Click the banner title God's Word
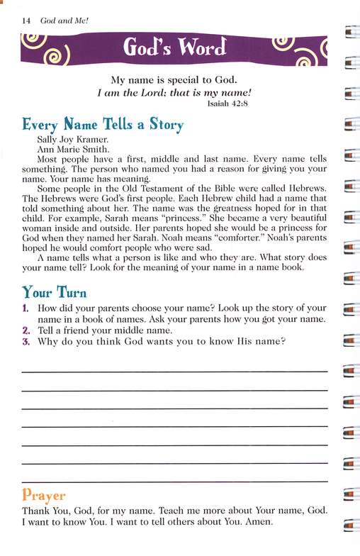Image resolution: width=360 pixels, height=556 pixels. tap(175, 49)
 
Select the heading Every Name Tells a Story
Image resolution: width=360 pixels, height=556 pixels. tap(103, 126)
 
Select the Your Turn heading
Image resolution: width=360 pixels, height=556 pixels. tap(56, 292)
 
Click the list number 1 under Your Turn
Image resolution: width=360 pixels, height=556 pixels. tap(26, 308)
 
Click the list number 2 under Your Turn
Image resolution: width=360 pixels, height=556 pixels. tap(26, 330)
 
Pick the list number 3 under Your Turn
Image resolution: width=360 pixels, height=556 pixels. tap(26, 342)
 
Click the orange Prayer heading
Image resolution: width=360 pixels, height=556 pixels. tap(44, 495)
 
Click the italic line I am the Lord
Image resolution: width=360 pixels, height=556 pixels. tap(174, 90)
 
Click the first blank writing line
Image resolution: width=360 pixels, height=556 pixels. tap(174, 371)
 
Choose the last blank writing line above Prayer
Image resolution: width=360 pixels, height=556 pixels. tap(174, 482)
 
